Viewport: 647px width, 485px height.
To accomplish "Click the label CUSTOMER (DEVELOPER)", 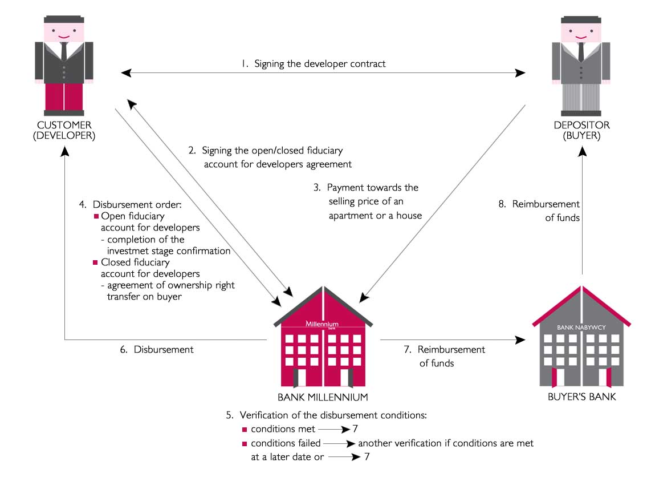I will tap(65, 130).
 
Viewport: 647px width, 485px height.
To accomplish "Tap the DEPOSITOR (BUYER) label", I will tap(581, 130).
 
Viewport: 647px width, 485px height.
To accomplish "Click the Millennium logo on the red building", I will tap(323, 324).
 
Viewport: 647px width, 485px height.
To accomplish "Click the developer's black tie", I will tap(64, 51).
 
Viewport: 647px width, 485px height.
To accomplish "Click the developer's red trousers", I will tap(64, 96).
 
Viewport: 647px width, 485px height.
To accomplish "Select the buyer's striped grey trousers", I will tap(581, 96).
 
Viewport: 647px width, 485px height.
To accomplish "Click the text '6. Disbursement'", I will tap(157, 349).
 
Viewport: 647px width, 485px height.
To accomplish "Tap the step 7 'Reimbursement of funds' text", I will tap(445, 356).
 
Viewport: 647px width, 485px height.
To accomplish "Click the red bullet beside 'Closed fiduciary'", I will tap(96, 262).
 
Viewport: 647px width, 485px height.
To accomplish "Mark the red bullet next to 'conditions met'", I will tap(245, 429).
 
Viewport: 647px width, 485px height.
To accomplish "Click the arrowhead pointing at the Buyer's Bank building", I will tap(520, 340).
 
